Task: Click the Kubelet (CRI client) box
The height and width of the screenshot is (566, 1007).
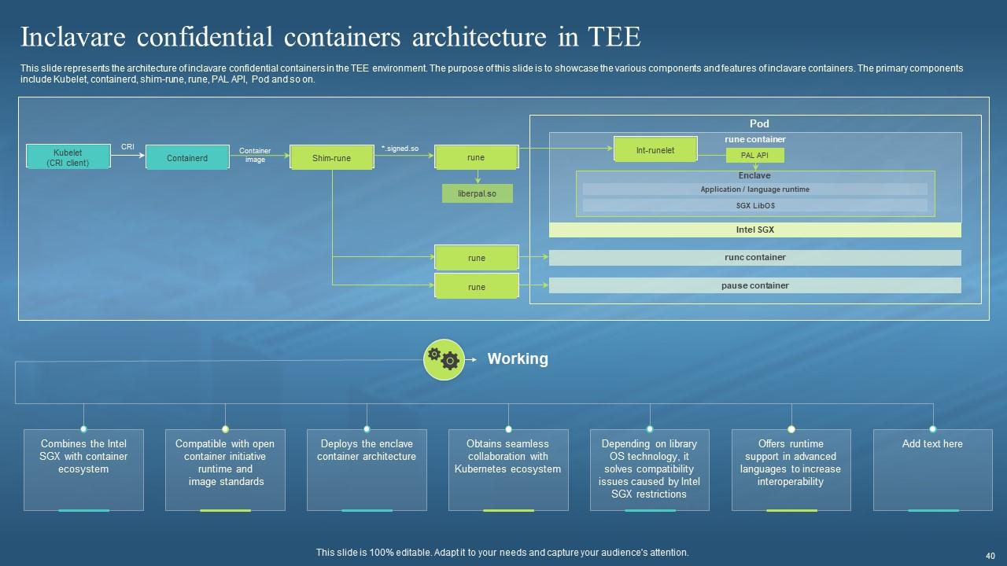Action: click(x=68, y=157)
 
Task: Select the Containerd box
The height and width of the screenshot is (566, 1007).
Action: click(x=187, y=158)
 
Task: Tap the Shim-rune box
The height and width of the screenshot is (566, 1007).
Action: click(x=331, y=158)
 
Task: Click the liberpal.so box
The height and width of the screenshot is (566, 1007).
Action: click(x=477, y=193)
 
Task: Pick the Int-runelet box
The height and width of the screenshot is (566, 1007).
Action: click(x=655, y=149)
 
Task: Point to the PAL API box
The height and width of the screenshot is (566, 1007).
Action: click(x=754, y=156)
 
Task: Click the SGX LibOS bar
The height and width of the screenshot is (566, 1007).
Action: click(x=754, y=206)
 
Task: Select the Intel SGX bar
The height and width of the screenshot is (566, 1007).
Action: click(x=754, y=230)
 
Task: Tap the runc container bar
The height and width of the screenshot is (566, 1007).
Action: click(x=754, y=258)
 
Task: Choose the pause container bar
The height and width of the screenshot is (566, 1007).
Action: click(x=754, y=286)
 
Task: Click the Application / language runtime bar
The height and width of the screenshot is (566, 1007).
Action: click(x=754, y=189)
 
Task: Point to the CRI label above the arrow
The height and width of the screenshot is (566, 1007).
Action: click(x=127, y=147)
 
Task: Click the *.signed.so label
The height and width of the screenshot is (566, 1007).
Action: click(x=400, y=148)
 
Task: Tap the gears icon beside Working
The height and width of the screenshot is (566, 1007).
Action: click(x=444, y=358)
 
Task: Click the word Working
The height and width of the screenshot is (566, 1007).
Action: click(x=518, y=359)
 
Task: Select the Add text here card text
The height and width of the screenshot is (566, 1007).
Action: click(x=932, y=444)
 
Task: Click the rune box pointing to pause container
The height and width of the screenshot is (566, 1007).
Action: click(x=477, y=287)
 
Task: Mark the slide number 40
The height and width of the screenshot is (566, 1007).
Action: click(x=990, y=554)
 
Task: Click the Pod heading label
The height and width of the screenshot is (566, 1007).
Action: click(x=758, y=123)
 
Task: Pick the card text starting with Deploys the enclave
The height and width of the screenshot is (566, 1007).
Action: click(x=367, y=450)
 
